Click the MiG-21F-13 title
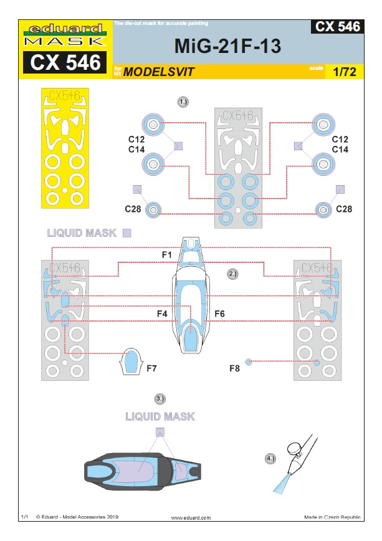[x=227, y=46]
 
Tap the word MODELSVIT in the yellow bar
[x=159, y=72]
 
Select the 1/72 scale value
[x=345, y=72]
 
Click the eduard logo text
[x=65, y=28]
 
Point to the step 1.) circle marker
[x=183, y=102]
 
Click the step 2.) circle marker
[x=232, y=274]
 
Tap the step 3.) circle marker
[x=160, y=399]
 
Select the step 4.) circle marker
[x=270, y=459]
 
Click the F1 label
[x=166, y=255]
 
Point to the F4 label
[x=162, y=314]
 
